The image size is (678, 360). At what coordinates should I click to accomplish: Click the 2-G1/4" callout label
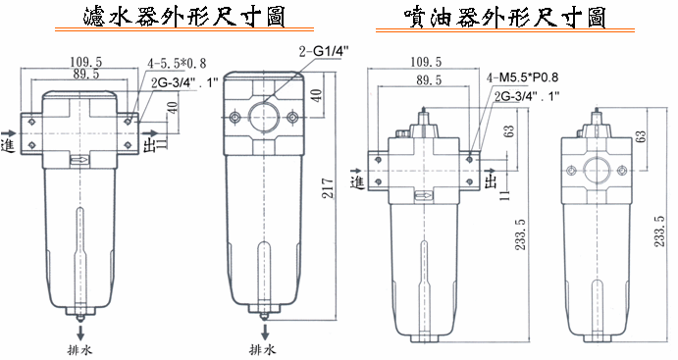(324, 51)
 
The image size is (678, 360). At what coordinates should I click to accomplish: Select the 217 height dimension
(329, 188)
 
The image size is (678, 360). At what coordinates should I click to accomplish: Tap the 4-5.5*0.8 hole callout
(177, 64)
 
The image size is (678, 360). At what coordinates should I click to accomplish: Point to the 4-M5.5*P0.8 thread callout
(522, 77)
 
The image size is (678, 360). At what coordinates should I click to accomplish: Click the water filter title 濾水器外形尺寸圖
(183, 16)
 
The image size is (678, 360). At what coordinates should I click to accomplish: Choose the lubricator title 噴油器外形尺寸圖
(504, 17)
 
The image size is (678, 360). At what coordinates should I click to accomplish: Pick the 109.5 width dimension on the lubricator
(426, 62)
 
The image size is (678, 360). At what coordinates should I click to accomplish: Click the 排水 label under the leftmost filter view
(80, 349)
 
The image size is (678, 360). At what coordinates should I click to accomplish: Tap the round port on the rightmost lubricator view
(597, 171)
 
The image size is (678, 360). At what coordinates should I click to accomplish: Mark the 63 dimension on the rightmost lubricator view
(642, 136)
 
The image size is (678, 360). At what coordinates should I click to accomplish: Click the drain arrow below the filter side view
(265, 331)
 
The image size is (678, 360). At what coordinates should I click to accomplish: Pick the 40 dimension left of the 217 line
(317, 95)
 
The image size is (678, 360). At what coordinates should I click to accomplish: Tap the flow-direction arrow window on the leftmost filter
(79, 160)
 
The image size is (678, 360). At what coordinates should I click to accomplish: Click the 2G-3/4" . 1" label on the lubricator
(526, 96)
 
